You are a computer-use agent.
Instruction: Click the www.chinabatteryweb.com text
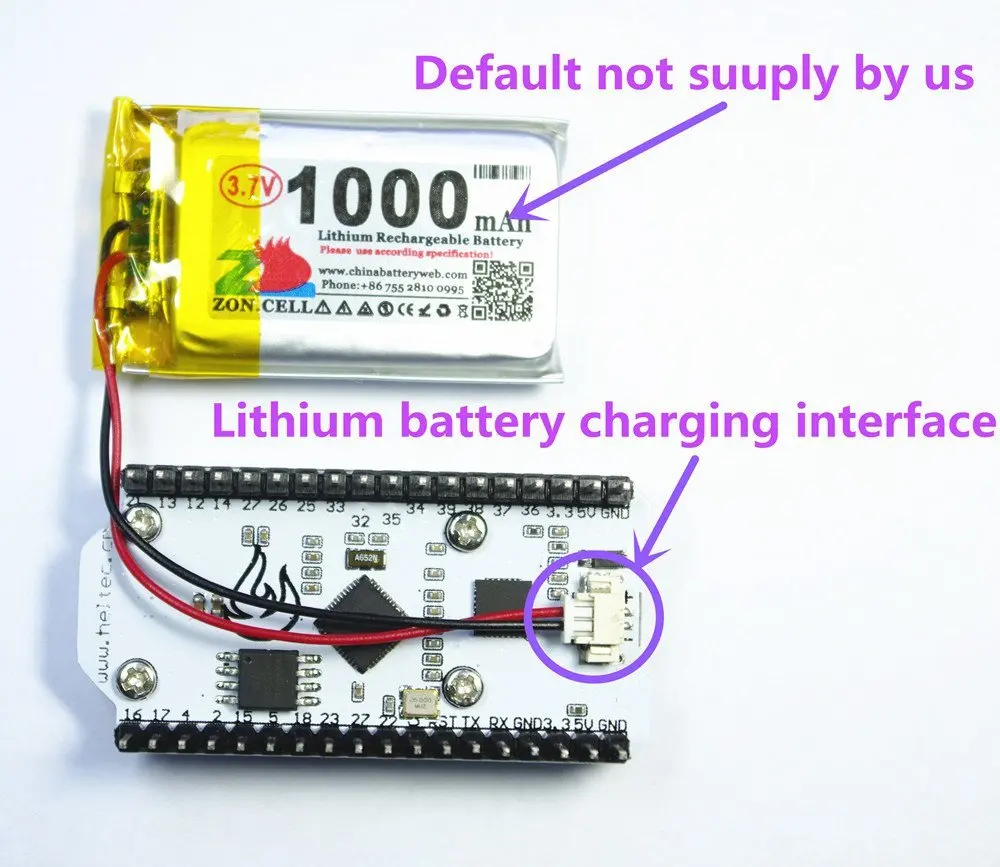pos(392,272)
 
